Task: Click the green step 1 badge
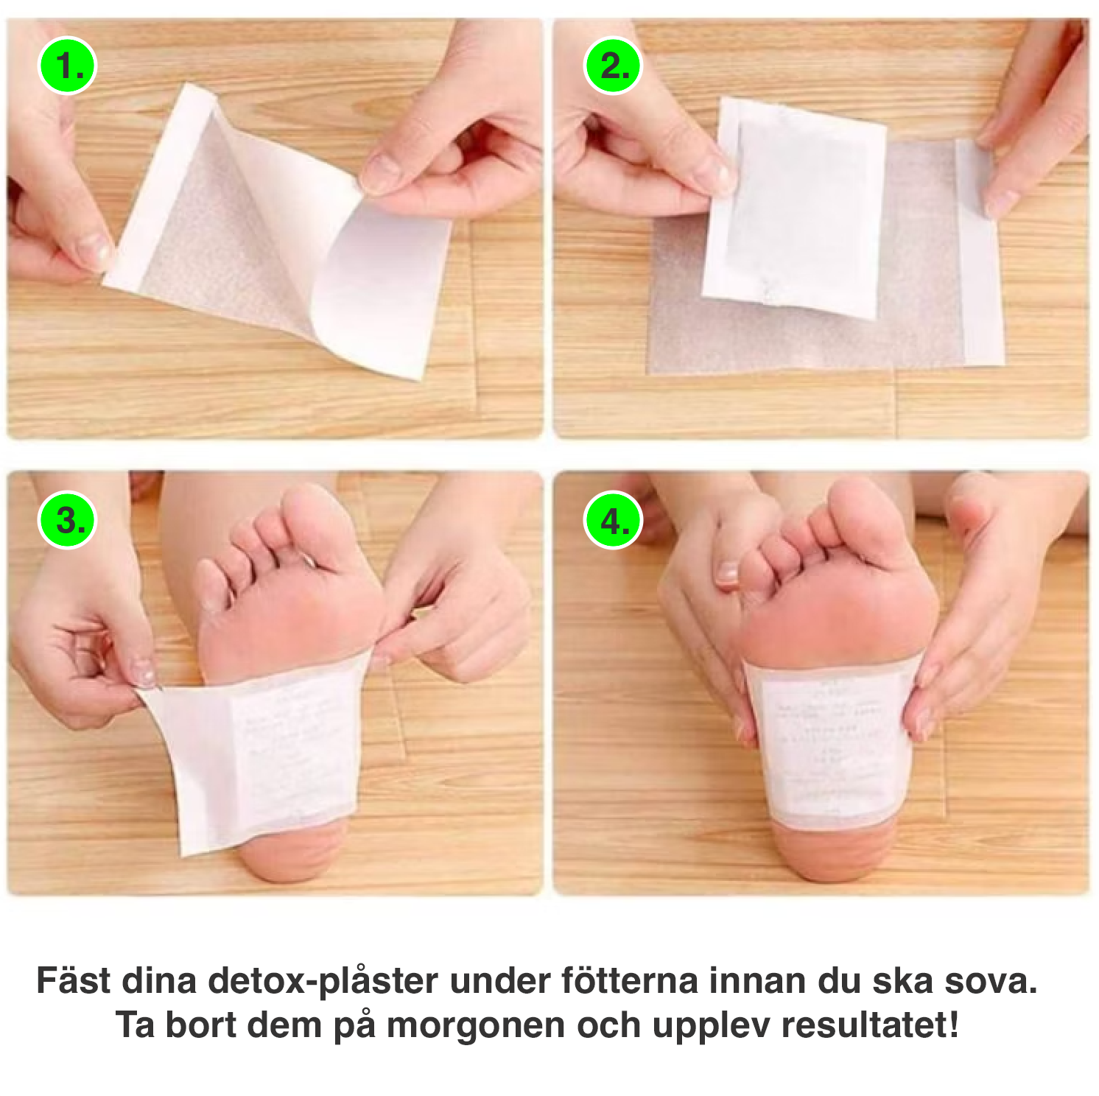pos(67,67)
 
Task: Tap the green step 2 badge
pos(613,67)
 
